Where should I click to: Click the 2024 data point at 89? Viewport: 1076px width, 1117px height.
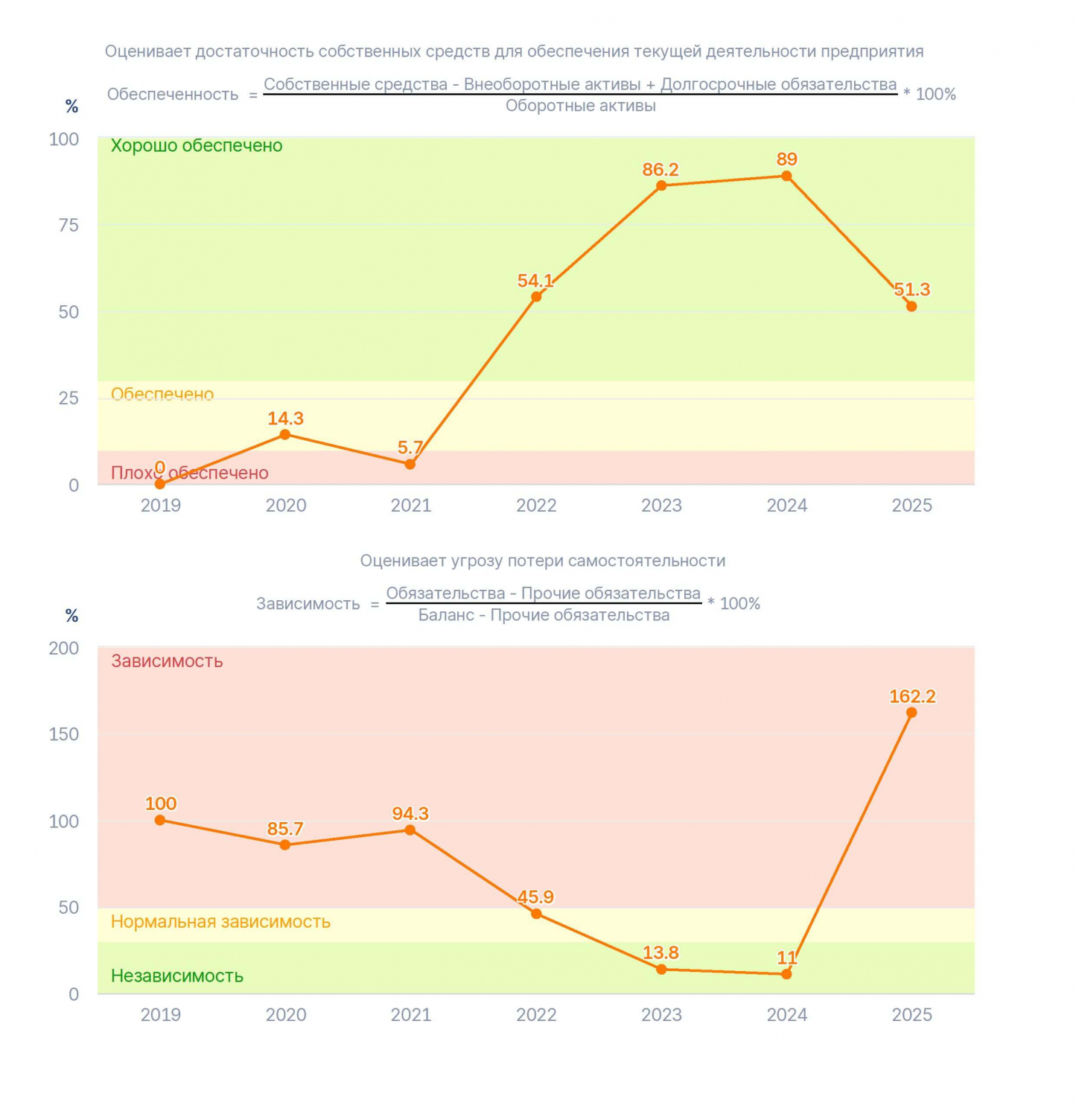tap(786, 176)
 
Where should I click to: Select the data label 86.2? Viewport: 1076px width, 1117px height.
tap(660, 170)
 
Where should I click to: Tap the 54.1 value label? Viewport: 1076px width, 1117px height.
tap(535, 281)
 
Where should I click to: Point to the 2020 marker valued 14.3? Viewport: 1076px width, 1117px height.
tap(285, 435)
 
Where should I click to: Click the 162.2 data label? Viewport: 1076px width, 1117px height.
tap(912, 696)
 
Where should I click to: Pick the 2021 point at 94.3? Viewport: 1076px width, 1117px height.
tap(410, 830)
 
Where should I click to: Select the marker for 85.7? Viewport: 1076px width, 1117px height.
tap(285, 845)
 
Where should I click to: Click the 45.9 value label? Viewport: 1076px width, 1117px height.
tap(535, 897)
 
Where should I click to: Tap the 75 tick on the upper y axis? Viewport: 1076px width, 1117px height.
tap(69, 225)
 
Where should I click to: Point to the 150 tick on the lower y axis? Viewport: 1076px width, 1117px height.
tap(64, 734)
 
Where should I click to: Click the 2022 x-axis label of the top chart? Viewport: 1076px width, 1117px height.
tap(536, 506)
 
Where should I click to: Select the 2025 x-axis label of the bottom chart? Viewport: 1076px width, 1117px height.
tap(912, 1015)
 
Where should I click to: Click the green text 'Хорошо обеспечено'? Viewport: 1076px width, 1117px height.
tap(197, 146)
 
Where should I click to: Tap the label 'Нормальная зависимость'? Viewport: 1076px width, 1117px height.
tap(220, 922)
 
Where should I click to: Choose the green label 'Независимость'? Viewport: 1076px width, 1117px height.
tap(177, 976)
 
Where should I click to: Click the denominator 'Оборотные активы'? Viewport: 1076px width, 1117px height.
tap(581, 106)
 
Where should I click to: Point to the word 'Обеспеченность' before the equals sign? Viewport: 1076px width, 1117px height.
tap(173, 95)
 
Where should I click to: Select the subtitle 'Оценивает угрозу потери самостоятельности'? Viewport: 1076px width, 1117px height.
tap(543, 561)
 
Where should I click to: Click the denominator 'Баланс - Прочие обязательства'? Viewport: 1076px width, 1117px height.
tap(544, 615)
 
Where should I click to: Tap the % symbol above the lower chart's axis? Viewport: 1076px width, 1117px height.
tap(71, 616)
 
